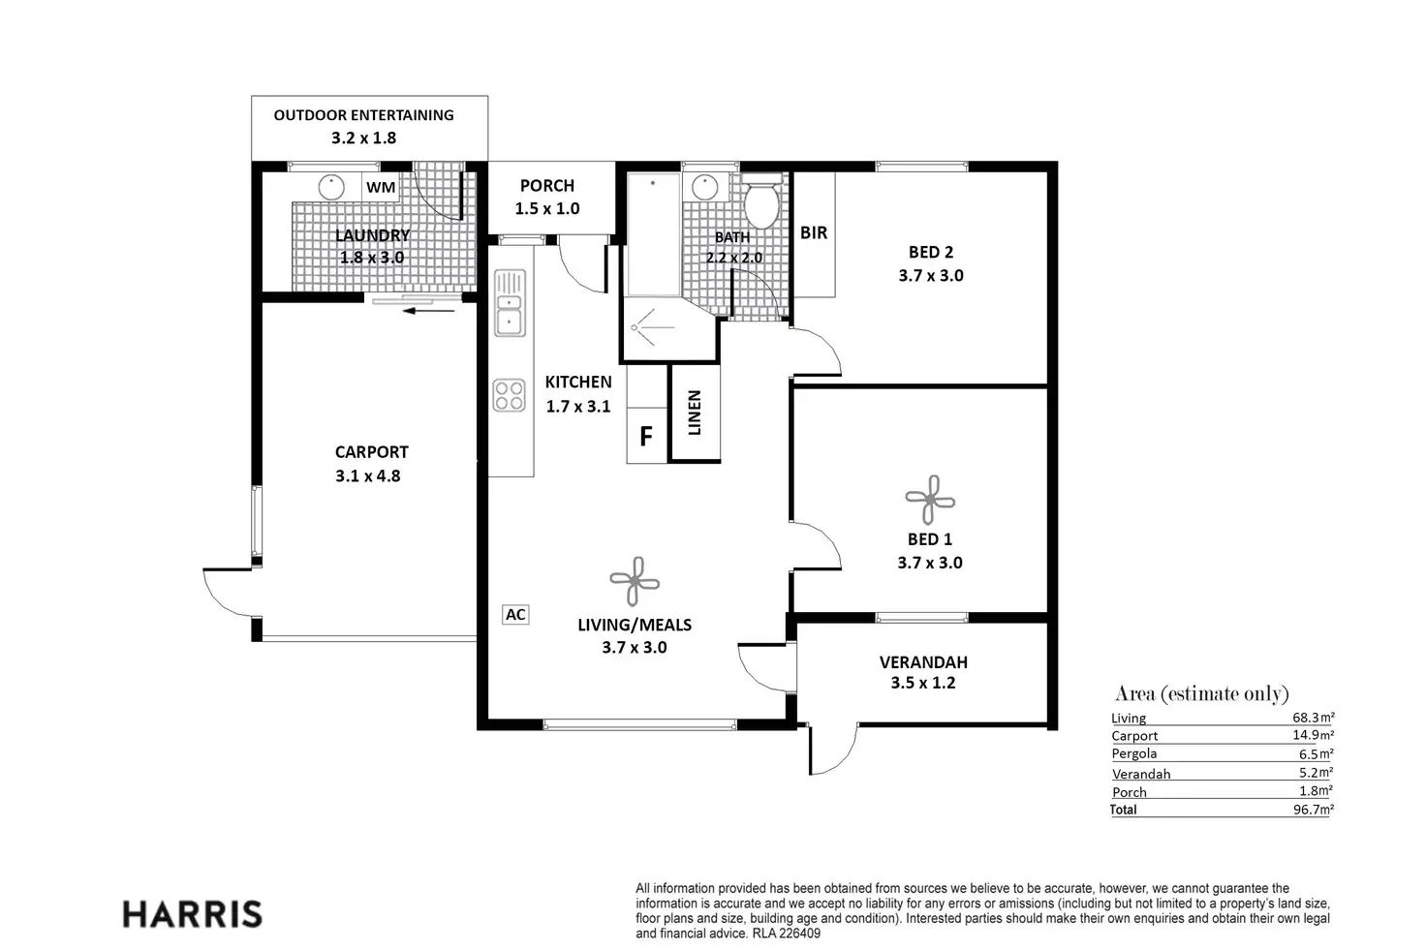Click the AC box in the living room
coord(515,614)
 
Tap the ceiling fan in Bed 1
coord(930,500)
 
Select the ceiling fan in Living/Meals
coord(635,581)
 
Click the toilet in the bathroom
coord(761,199)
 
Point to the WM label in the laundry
coord(381,188)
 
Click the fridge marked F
coord(645,436)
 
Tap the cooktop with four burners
coord(510,395)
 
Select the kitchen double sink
coord(510,303)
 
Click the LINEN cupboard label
coord(695,413)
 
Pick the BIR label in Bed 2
coord(814,232)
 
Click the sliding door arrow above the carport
coord(428,311)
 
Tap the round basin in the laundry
coord(331,187)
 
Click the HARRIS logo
coord(192,914)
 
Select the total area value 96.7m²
coord(1313,810)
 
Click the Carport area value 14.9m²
coord(1313,735)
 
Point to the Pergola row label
coord(1133,754)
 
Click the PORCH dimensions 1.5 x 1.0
coord(546,209)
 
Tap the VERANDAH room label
coord(923,662)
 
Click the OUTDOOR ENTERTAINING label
coord(363,115)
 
